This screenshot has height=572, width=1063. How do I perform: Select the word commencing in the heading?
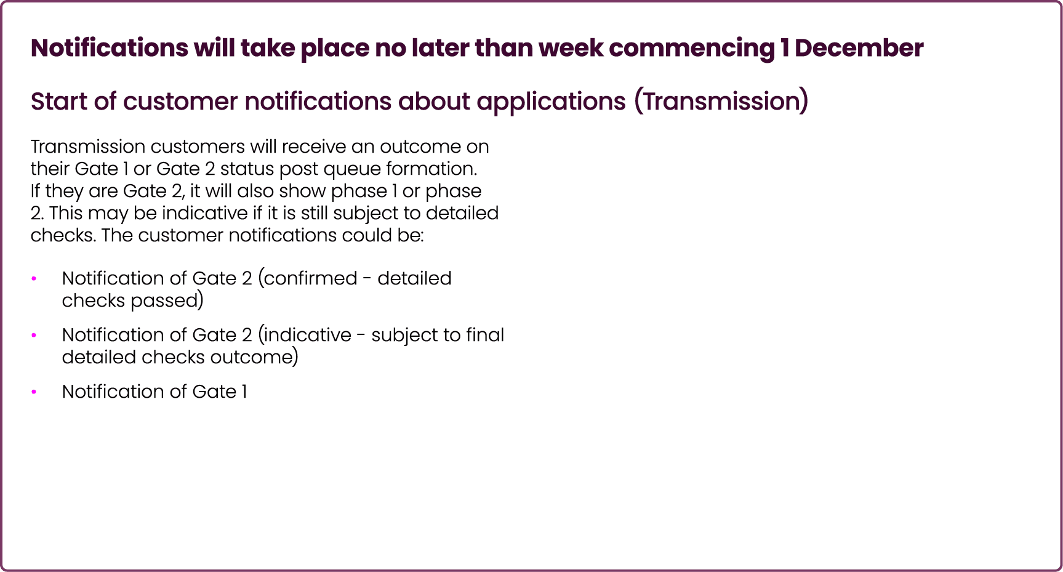[x=692, y=48]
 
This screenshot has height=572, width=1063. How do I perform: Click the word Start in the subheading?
[x=59, y=102]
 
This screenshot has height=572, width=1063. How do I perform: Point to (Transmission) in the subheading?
[x=721, y=102]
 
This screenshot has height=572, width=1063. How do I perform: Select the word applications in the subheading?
[x=551, y=102]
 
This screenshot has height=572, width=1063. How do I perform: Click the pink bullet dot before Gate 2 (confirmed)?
[x=34, y=279]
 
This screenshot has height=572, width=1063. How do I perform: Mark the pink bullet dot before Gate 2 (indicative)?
[x=34, y=336]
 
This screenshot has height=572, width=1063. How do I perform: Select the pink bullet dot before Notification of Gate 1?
[x=34, y=392]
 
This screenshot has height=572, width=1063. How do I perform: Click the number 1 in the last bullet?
[x=244, y=392]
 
